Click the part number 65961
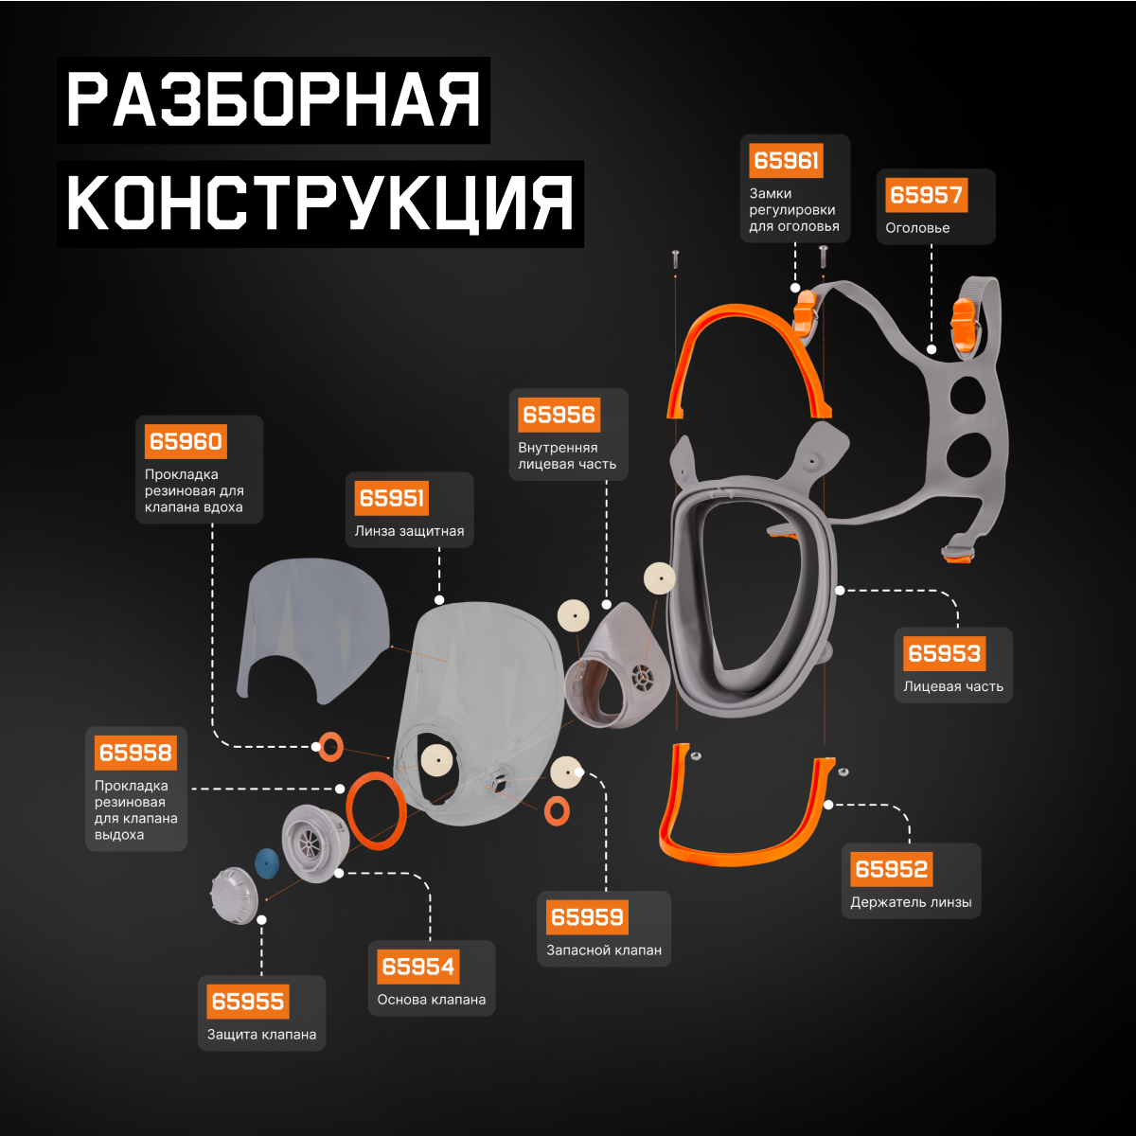coord(786,160)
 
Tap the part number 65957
coord(926,195)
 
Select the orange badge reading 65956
coord(559,415)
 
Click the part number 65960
coord(186,441)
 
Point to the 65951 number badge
coord(392,498)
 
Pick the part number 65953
coord(944,653)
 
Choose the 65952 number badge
coord(890,869)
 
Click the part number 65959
coord(587,916)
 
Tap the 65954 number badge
coord(417,967)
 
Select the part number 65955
coord(248,1002)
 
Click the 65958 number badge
coord(135,753)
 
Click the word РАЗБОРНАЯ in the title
coord(274,100)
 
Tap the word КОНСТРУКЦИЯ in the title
coord(320,203)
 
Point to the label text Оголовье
coord(917,228)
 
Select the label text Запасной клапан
coord(604,950)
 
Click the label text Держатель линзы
coord(911,902)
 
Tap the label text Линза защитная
coord(409,531)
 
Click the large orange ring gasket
coord(377,810)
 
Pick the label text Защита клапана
coord(262,1035)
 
